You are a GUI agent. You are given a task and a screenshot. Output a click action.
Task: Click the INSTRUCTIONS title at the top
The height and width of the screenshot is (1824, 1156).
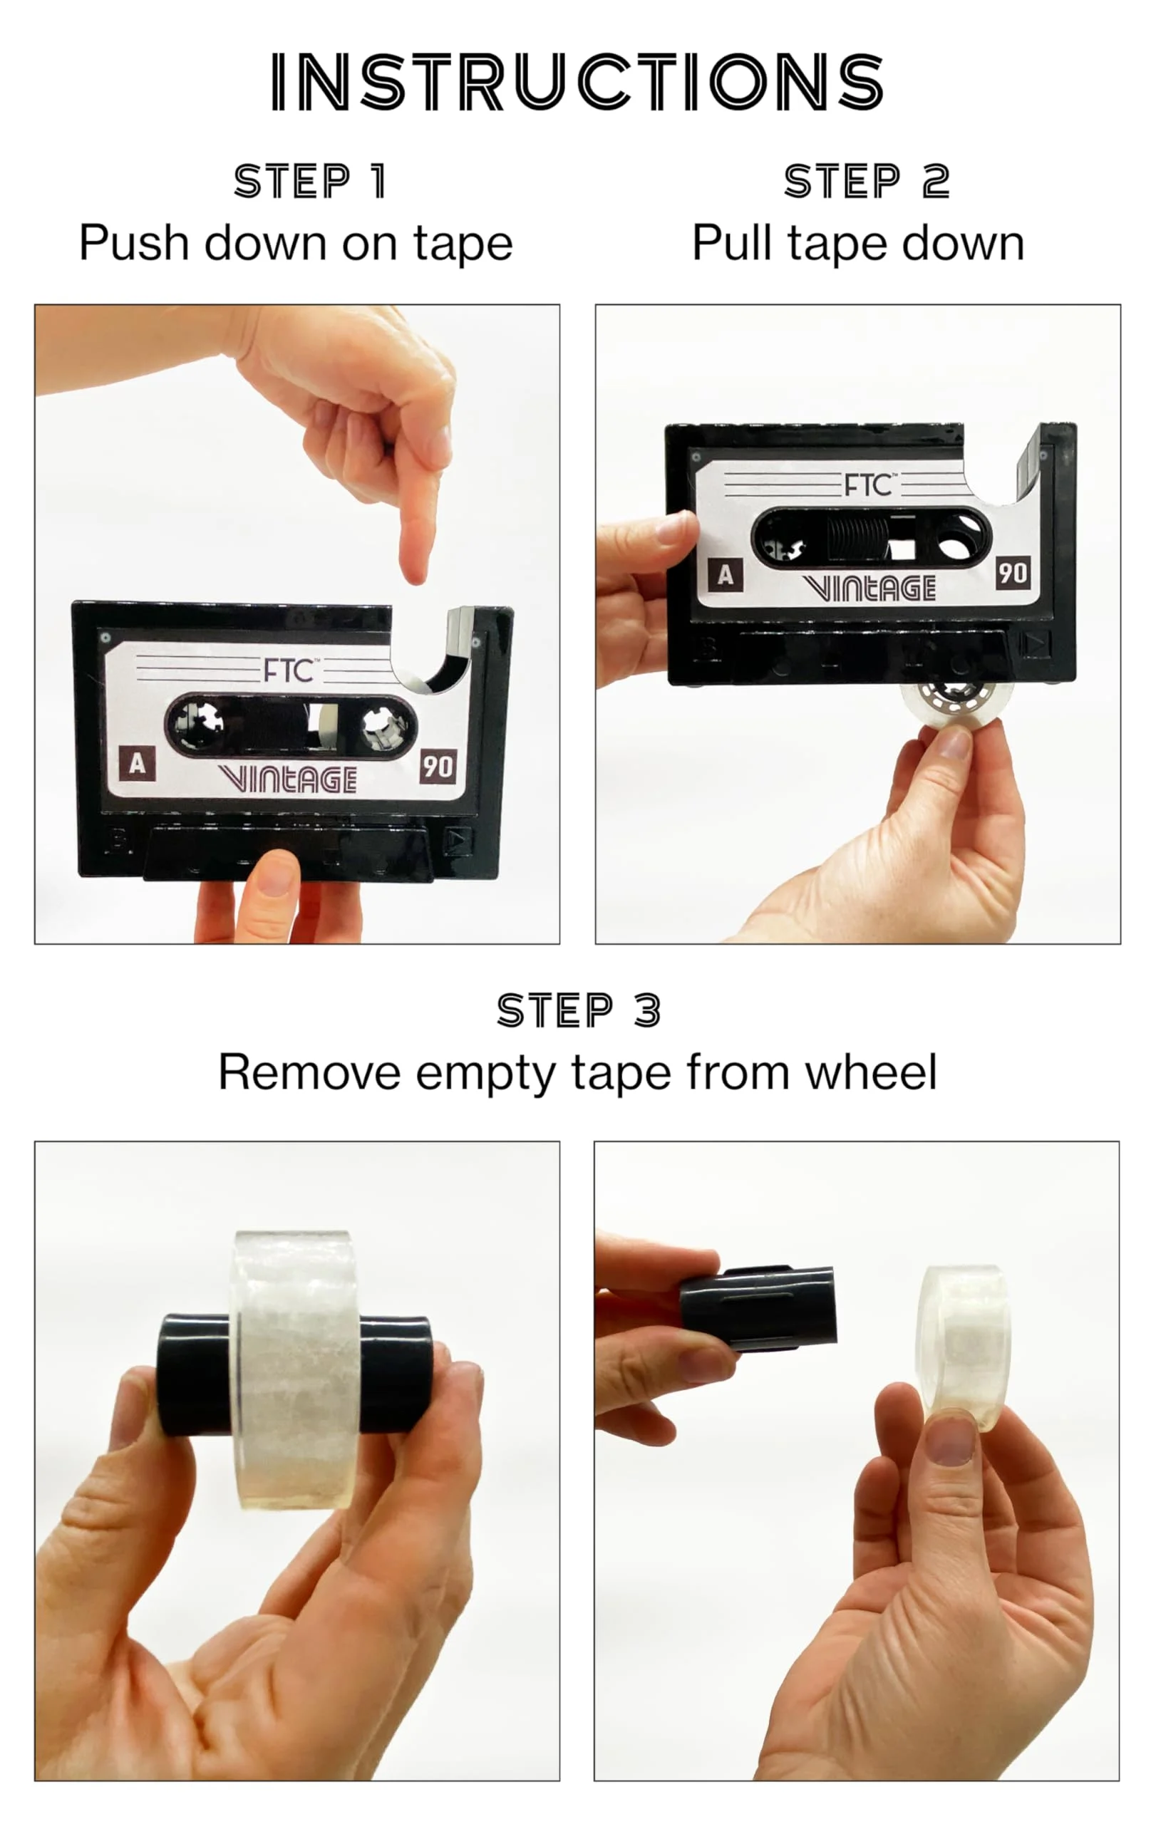577,82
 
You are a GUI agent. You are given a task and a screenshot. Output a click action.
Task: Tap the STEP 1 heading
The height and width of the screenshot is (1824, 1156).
311,181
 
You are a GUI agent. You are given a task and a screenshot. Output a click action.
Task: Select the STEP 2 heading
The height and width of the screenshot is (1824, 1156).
867,181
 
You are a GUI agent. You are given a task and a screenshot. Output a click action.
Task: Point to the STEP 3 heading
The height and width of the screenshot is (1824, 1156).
579,1010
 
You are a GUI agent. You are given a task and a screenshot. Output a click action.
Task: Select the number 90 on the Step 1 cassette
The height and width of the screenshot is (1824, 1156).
438,767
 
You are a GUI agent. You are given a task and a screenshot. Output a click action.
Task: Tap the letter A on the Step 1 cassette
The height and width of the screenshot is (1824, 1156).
137,764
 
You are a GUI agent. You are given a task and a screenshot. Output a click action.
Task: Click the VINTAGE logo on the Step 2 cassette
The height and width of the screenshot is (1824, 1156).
869,588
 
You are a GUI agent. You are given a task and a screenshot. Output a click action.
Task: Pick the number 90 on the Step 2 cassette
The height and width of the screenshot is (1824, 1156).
1013,573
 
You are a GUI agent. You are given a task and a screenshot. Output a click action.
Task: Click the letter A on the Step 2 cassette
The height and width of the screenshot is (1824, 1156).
725,576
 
